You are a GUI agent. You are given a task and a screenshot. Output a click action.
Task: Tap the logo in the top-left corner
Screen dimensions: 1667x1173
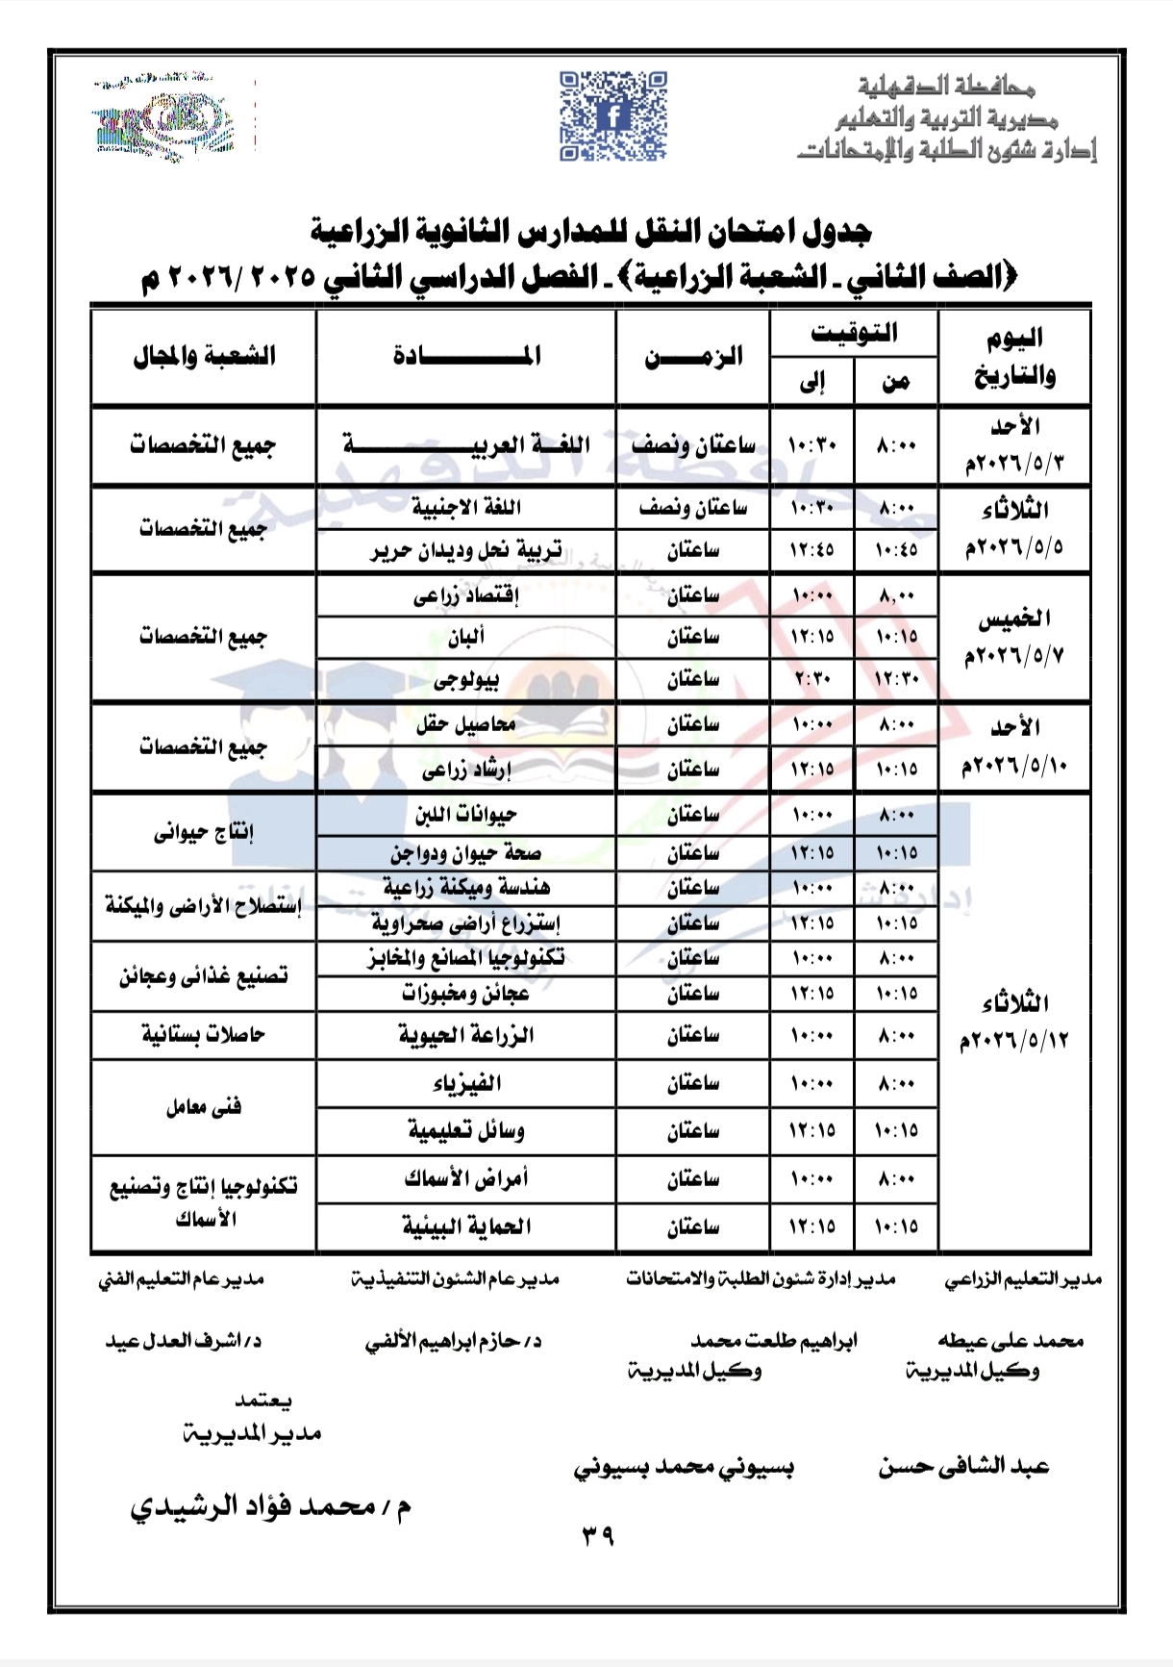point(165,119)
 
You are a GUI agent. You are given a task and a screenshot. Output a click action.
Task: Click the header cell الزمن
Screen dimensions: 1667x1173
point(692,357)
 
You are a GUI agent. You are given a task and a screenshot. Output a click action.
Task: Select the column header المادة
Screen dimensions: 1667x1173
point(466,357)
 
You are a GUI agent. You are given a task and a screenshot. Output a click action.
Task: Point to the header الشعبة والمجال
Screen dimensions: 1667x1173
point(204,357)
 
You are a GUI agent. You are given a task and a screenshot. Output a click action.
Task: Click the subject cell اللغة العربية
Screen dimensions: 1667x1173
point(466,445)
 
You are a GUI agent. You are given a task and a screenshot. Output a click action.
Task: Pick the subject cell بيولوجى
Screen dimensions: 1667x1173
point(466,680)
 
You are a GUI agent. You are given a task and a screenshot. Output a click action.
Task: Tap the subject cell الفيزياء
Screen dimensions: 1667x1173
point(466,1084)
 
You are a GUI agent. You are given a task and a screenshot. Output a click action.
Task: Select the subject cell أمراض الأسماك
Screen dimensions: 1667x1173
point(466,1178)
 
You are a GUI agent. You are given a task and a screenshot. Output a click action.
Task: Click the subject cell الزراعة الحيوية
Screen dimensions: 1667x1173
point(466,1036)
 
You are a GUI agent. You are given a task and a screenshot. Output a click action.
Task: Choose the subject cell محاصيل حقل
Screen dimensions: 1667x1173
point(466,724)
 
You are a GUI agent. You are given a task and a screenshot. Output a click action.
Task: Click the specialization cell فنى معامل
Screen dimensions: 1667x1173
point(204,1107)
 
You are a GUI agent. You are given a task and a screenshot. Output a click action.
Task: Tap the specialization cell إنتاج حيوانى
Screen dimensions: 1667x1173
point(204,833)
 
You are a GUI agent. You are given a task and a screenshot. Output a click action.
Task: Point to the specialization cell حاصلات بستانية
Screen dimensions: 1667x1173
point(204,1036)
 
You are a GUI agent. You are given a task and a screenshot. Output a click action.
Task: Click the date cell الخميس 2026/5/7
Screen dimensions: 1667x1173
point(1014,637)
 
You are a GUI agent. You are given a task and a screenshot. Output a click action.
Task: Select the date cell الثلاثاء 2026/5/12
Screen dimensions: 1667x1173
point(1014,1023)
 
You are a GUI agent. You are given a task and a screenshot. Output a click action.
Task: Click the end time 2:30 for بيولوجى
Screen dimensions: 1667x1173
point(811,680)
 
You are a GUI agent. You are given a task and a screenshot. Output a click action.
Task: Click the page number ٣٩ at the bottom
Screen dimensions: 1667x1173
point(597,1537)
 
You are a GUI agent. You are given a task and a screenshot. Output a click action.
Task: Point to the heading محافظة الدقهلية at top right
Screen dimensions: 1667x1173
point(946,88)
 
